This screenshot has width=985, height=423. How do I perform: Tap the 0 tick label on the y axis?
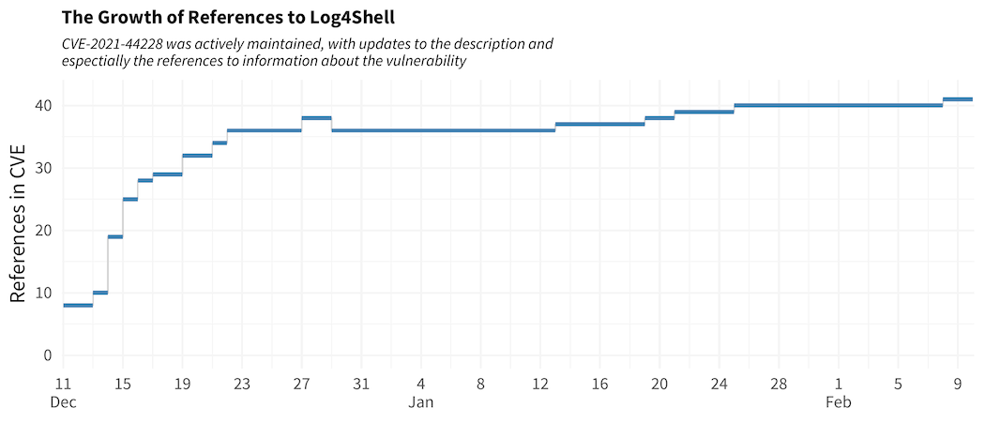46,355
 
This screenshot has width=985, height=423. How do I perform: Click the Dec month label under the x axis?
63,402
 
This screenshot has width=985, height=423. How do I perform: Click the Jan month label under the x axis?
421,402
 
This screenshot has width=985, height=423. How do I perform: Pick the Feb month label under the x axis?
838,402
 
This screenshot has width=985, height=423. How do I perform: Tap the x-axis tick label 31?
361,384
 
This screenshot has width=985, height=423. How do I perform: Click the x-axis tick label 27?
302,384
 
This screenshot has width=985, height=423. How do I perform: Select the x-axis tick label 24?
719,384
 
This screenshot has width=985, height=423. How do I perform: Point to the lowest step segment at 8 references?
78,305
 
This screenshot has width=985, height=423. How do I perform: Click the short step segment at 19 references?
115,236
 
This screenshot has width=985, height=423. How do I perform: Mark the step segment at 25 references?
130,199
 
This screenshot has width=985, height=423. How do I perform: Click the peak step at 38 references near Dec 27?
316,118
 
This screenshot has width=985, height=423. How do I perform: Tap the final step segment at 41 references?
957,99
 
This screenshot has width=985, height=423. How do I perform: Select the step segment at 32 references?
197,156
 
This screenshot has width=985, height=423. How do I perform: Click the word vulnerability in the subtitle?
421,62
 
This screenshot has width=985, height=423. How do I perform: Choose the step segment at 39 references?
704,112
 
